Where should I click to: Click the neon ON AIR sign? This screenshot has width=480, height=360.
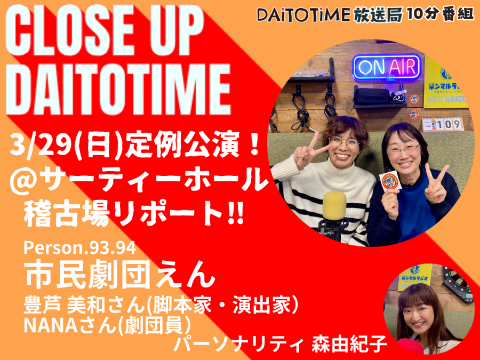pyautogui.click(x=387, y=67)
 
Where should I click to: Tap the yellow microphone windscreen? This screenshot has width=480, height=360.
pyautogui.click(x=334, y=205)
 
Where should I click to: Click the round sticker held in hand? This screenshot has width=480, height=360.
pyautogui.click(x=390, y=181)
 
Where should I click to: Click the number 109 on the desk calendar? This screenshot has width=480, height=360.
pyautogui.click(x=449, y=124)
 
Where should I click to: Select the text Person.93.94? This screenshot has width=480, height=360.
pyautogui.click(x=79, y=248)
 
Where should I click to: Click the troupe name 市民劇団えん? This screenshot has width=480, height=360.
pyautogui.click(x=121, y=275)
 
